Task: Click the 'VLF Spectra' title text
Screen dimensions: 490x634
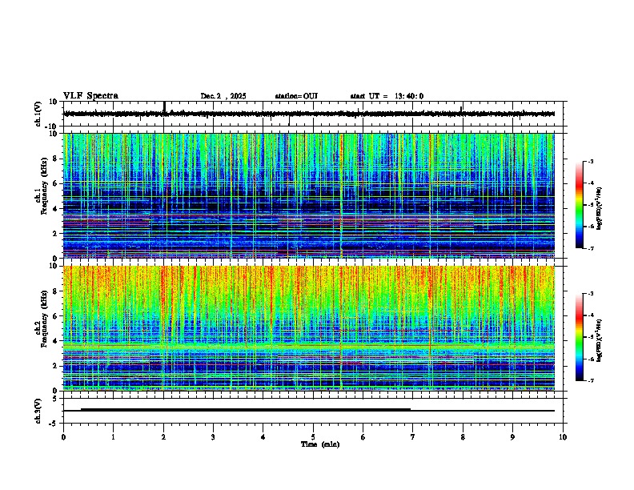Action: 90,96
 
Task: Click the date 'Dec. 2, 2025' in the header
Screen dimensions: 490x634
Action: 223,96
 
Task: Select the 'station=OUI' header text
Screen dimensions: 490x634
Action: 296,96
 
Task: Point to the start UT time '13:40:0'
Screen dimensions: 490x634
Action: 409,96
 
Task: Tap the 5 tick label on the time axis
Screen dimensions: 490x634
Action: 313,436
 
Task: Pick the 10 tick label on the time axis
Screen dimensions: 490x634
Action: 563,436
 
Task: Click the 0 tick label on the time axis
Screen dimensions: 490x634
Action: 63,436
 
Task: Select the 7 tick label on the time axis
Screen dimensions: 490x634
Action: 413,436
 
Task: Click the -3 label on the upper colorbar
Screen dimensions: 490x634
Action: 591,162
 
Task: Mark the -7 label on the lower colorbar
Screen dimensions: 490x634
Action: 591,381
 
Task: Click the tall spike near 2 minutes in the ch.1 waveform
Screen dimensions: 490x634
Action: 164,107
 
